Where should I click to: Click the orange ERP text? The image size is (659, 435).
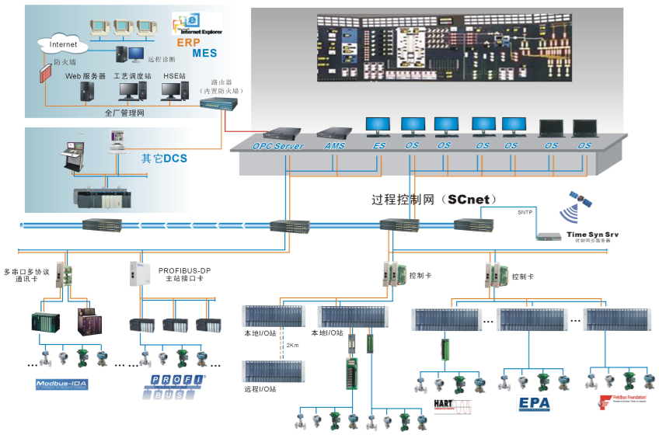[x=189, y=42]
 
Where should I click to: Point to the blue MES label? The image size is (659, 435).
[x=204, y=54]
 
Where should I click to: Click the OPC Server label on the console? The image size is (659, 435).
[x=277, y=145]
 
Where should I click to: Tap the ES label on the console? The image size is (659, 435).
[x=378, y=145]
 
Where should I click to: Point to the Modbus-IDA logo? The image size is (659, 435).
[x=64, y=384]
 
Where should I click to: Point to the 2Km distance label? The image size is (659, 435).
[x=291, y=344]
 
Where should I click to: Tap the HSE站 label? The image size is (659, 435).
[x=175, y=76]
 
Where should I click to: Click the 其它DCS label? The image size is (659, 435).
[x=164, y=158]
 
